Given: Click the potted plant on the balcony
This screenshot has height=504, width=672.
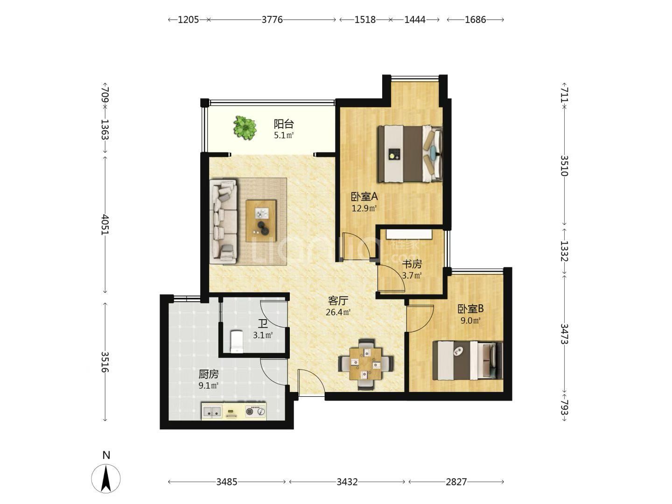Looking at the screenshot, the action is point(245,128).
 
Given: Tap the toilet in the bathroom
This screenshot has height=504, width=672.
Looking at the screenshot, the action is point(236,342).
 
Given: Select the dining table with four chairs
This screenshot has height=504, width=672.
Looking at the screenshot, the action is point(366,364).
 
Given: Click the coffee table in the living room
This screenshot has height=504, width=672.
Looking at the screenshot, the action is point(261,221).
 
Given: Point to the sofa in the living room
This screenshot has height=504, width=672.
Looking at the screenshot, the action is point(224,222).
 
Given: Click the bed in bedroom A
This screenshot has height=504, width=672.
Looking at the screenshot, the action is point(410,154).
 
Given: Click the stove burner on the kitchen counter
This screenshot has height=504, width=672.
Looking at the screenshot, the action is point(255,411).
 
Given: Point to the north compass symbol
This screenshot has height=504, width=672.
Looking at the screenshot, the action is point(106,478).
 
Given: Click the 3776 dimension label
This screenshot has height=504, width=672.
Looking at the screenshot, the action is point(272,20).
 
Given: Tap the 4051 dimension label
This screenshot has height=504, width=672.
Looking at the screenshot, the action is point(105,224).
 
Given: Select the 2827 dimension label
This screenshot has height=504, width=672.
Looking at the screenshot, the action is point(456,482).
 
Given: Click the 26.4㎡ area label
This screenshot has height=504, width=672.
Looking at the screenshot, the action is point(338,313).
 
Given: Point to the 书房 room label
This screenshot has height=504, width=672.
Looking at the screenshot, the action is point(412,264).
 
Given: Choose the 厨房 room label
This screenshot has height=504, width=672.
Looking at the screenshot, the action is point(209,374).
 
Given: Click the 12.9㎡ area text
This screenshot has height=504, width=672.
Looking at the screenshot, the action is point(364,209).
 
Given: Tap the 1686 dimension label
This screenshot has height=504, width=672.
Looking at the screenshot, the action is point(475,20).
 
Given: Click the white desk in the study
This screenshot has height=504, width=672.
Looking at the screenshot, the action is point(409,234).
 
